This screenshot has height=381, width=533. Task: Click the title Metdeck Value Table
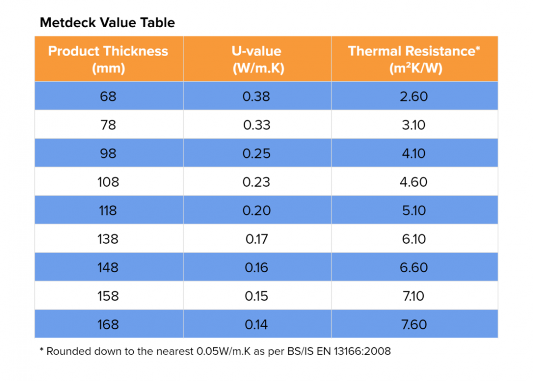107,23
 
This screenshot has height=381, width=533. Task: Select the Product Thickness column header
108,59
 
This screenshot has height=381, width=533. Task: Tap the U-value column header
257,59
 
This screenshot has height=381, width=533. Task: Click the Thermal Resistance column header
414,59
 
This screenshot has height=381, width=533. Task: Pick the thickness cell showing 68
108,96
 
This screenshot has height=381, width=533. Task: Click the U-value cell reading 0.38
257,96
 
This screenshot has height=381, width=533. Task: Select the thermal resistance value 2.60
414,96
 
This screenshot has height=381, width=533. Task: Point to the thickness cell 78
108,125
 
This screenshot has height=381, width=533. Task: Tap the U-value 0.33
257,125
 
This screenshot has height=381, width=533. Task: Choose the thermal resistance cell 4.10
414,153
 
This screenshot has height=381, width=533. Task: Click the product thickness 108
108,182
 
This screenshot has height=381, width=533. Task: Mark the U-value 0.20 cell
257,210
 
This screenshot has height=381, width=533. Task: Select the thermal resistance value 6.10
414,239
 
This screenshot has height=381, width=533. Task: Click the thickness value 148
108,267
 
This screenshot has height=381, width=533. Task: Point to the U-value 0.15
257,296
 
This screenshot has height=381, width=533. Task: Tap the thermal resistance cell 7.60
414,324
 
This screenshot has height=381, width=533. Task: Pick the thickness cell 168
108,324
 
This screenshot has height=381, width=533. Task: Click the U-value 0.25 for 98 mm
257,153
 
